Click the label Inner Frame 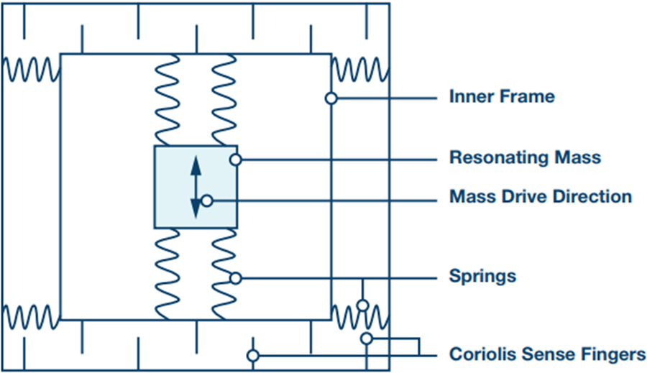(x=502, y=96)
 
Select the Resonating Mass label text (x=525, y=157)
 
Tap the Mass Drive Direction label (x=541, y=196)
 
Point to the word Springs (x=482, y=276)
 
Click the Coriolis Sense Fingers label (x=547, y=354)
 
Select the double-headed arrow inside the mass (x=195, y=188)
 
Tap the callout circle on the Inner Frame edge (x=331, y=98)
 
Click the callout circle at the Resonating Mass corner (x=235, y=159)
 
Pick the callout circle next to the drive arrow (x=207, y=201)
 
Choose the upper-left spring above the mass (x=168, y=100)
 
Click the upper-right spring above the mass (x=224, y=100)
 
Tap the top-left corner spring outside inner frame (x=29, y=70)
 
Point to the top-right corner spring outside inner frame (x=360, y=70)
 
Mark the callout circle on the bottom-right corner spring (x=362, y=305)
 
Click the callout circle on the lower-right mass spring (x=235, y=277)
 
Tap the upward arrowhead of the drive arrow (x=195, y=165)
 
